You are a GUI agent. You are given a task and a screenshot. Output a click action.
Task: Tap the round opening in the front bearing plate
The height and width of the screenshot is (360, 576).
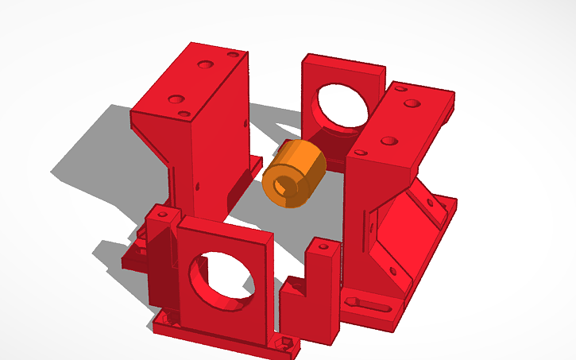[x=222, y=276]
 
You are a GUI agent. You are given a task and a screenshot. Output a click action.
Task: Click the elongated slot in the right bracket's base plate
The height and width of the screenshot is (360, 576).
[x=372, y=304]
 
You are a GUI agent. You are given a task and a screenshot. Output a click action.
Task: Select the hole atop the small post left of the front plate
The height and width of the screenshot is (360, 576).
[x=161, y=213]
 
